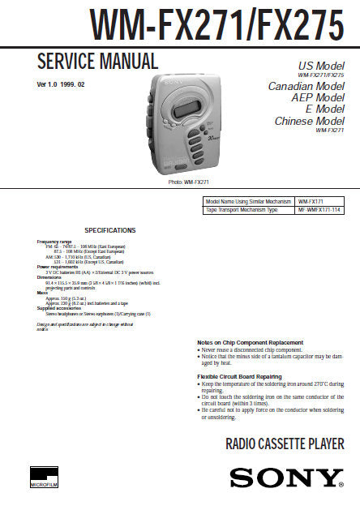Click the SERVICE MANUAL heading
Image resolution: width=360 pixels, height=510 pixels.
pos(97,61)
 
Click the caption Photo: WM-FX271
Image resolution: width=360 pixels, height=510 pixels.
pos(189,182)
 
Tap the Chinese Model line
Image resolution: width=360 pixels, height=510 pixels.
pos(308,120)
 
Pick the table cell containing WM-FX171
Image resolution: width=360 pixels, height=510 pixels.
pos(312,200)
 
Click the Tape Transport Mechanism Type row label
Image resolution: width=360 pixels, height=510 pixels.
pos(241,209)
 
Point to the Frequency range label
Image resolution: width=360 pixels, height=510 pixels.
pos(54,242)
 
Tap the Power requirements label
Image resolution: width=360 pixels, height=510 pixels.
pos(59,266)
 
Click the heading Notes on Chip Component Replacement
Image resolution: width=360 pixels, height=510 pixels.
pos(251,342)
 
